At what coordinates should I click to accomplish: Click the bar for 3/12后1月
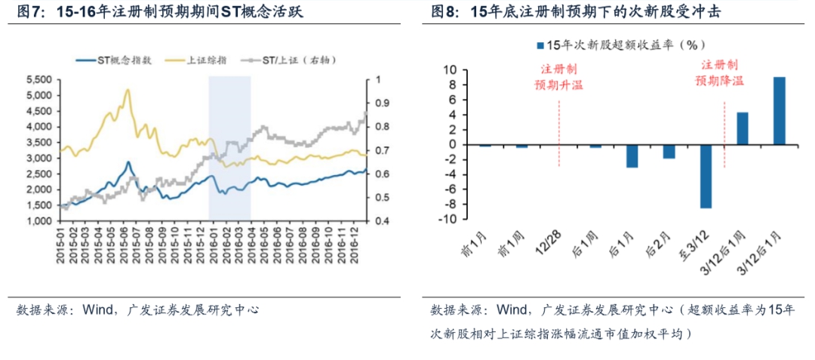(780, 110)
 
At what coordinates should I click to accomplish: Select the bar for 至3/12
(706, 176)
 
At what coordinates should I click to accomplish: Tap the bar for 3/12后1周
(743, 128)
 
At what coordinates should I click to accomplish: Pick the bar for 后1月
(632, 155)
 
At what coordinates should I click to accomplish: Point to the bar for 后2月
(669, 151)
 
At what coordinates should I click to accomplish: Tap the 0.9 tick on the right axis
(379, 103)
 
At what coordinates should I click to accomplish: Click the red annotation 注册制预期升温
(559, 76)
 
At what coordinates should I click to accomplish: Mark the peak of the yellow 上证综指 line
(127, 90)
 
